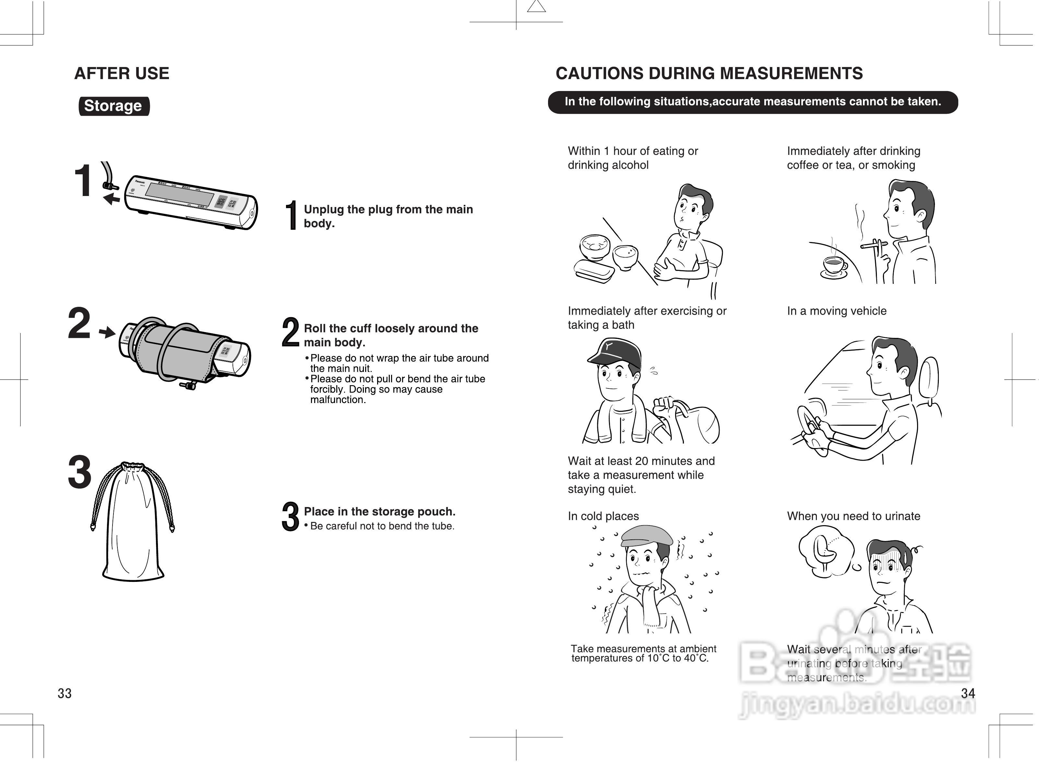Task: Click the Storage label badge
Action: tap(113, 106)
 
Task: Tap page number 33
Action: tap(65, 693)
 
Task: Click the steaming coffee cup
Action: tap(834, 265)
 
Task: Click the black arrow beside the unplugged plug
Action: tap(111, 199)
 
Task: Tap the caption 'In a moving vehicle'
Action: tap(836, 311)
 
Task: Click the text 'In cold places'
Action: tap(603, 516)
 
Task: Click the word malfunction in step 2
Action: tap(337, 400)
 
